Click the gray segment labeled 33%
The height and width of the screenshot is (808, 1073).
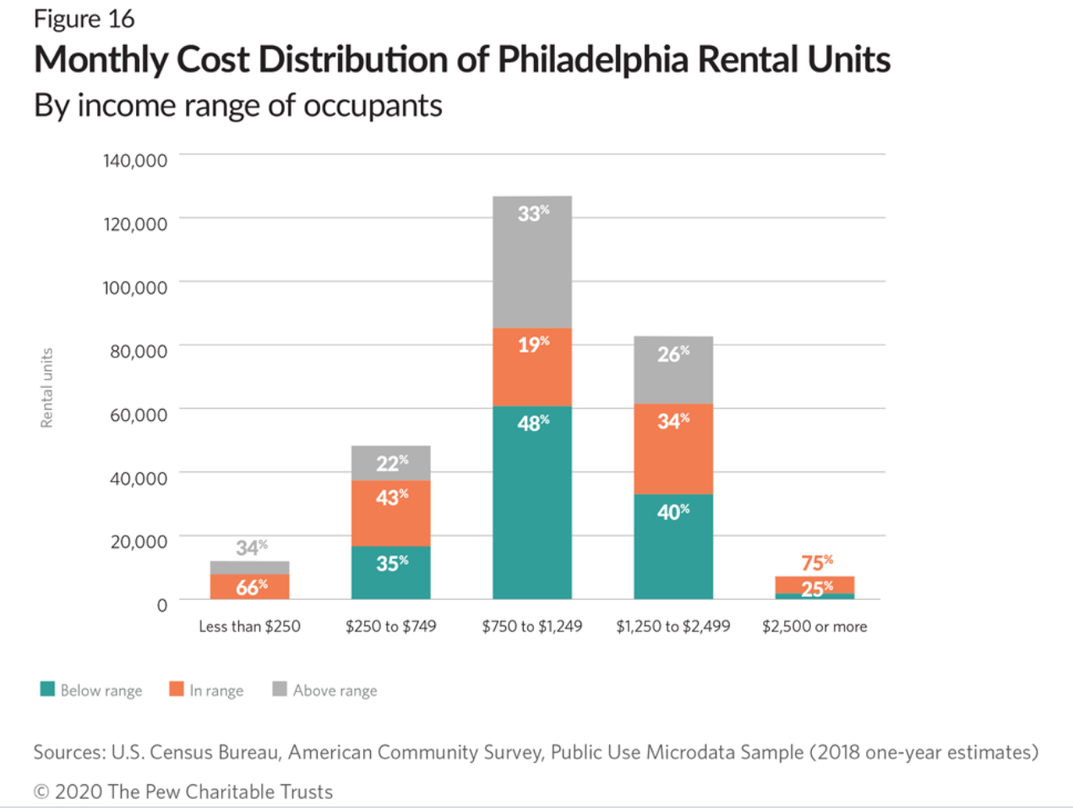coord(532,262)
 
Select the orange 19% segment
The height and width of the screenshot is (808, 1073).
coord(532,367)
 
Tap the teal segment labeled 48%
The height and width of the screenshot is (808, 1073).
coord(532,503)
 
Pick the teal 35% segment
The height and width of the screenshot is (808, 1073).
coord(391,572)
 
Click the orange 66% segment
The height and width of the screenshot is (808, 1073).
coord(250,587)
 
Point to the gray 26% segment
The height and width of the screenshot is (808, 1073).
coord(673,370)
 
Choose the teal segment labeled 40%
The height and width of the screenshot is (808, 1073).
coord(673,546)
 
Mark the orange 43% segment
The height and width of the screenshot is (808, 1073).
coord(391,513)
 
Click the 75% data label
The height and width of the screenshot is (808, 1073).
coord(816,563)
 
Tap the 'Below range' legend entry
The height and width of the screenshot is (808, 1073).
coord(92,691)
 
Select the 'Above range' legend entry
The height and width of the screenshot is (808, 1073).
coord(325,691)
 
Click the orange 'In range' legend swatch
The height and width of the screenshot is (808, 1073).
coord(177,689)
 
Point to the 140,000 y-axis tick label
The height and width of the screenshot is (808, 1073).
coord(135,161)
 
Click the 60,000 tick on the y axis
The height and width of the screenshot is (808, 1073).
coord(139,415)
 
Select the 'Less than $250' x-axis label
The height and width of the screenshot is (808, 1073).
coord(249,626)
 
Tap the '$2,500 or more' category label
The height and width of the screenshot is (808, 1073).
coord(814,626)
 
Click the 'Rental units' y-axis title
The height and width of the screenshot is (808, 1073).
coord(47,388)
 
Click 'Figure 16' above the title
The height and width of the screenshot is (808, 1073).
coord(84,19)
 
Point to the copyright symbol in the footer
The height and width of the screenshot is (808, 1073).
coord(41,792)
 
